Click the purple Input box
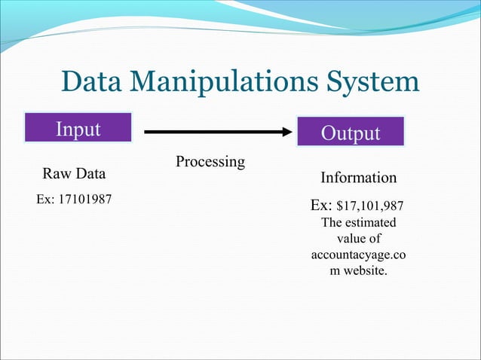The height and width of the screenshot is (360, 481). pyautogui.click(x=78, y=128)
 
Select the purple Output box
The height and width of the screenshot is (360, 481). pyautogui.click(x=351, y=132)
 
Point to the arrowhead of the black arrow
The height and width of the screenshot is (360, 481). pyautogui.click(x=286, y=132)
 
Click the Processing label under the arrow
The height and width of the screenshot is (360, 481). pyautogui.click(x=210, y=162)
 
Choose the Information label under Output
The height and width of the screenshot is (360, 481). pyautogui.click(x=359, y=178)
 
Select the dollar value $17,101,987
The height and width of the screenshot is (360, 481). pyautogui.click(x=374, y=206)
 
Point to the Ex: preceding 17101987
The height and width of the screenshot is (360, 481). pyautogui.click(x=47, y=202)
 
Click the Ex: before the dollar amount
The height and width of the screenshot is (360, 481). pyautogui.click(x=322, y=205)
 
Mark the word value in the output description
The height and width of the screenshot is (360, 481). pyautogui.click(x=352, y=239)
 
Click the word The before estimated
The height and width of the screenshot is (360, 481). pyautogui.click(x=332, y=223)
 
